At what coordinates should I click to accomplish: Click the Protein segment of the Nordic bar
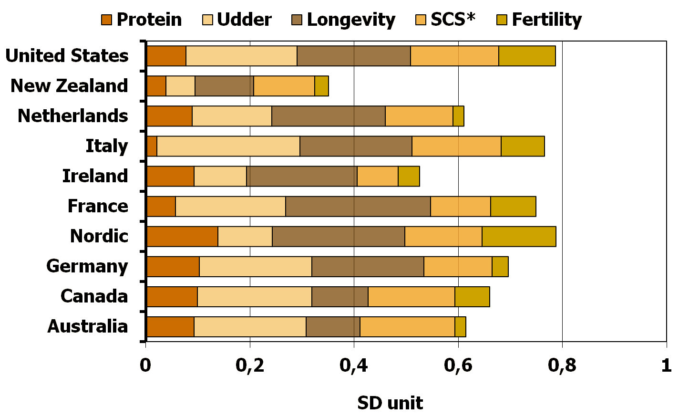182,237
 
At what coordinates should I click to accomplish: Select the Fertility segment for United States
527,56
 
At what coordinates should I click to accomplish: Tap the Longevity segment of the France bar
358,207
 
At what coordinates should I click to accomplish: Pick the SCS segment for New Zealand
284,86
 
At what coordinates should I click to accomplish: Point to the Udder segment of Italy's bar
228,146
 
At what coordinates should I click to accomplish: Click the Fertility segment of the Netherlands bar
458,116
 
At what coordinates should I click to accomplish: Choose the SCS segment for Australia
407,327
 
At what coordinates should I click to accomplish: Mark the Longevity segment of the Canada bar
339,297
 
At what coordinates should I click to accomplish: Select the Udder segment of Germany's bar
255,267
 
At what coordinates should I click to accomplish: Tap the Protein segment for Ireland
170,176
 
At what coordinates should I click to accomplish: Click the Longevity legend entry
351,20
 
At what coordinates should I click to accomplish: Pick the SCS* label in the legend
453,20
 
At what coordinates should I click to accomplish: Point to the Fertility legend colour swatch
502,20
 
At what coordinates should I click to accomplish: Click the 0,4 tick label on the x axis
354,365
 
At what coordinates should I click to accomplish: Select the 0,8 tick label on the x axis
562,365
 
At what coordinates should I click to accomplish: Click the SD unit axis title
390,403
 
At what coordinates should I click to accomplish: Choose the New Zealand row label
69,86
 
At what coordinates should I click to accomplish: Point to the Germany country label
87,266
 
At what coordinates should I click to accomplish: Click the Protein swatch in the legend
106,20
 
